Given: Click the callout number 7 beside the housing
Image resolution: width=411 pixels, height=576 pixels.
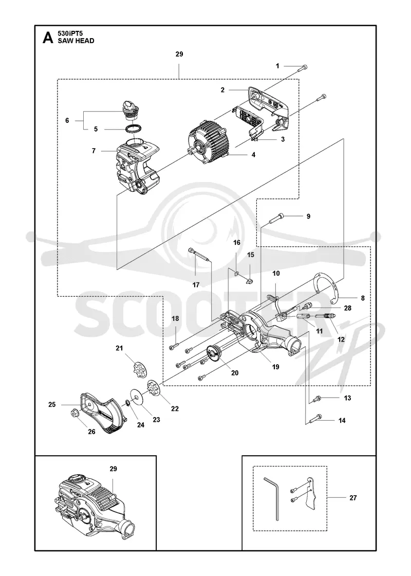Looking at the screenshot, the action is (x=94, y=151).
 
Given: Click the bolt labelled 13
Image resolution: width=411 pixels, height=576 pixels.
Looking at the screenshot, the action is (x=316, y=399).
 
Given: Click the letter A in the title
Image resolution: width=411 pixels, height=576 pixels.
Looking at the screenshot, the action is (x=48, y=38).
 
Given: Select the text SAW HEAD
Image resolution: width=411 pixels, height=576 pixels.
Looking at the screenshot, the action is (x=76, y=41).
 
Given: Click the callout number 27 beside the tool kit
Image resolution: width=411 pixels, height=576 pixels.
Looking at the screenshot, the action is (x=352, y=498).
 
